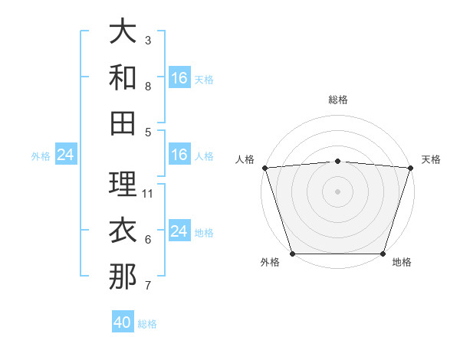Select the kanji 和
[x=123, y=77]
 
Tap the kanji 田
[x=123, y=123]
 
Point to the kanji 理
[x=123, y=184]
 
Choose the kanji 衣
[x=123, y=230]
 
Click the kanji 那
[x=123, y=277]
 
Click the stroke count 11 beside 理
[x=149, y=194]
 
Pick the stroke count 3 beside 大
[x=148, y=41]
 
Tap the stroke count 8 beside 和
[x=148, y=87]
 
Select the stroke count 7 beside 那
[x=148, y=286]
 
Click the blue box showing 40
[x=123, y=322]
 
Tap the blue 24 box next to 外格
[x=66, y=155]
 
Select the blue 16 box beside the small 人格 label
[x=179, y=155]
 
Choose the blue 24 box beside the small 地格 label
[x=179, y=231]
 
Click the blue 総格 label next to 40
[x=147, y=324]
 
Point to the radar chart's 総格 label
[x=337, y=100]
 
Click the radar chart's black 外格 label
[x=270, y=263]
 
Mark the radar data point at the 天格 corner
[x=410, y=167]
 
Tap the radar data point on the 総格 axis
[x=337, y=161]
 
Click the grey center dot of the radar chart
[x=337, y=191]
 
